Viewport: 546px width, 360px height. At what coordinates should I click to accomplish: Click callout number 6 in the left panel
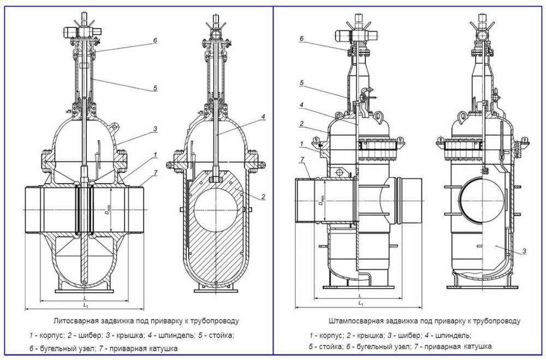[155, 40]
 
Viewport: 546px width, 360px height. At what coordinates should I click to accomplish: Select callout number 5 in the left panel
[155, 87]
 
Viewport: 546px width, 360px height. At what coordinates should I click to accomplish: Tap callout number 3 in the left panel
[155, 129]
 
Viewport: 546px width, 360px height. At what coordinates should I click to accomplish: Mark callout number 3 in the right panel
[524, 251]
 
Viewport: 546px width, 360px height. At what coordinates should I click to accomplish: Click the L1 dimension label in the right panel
[360, 303]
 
